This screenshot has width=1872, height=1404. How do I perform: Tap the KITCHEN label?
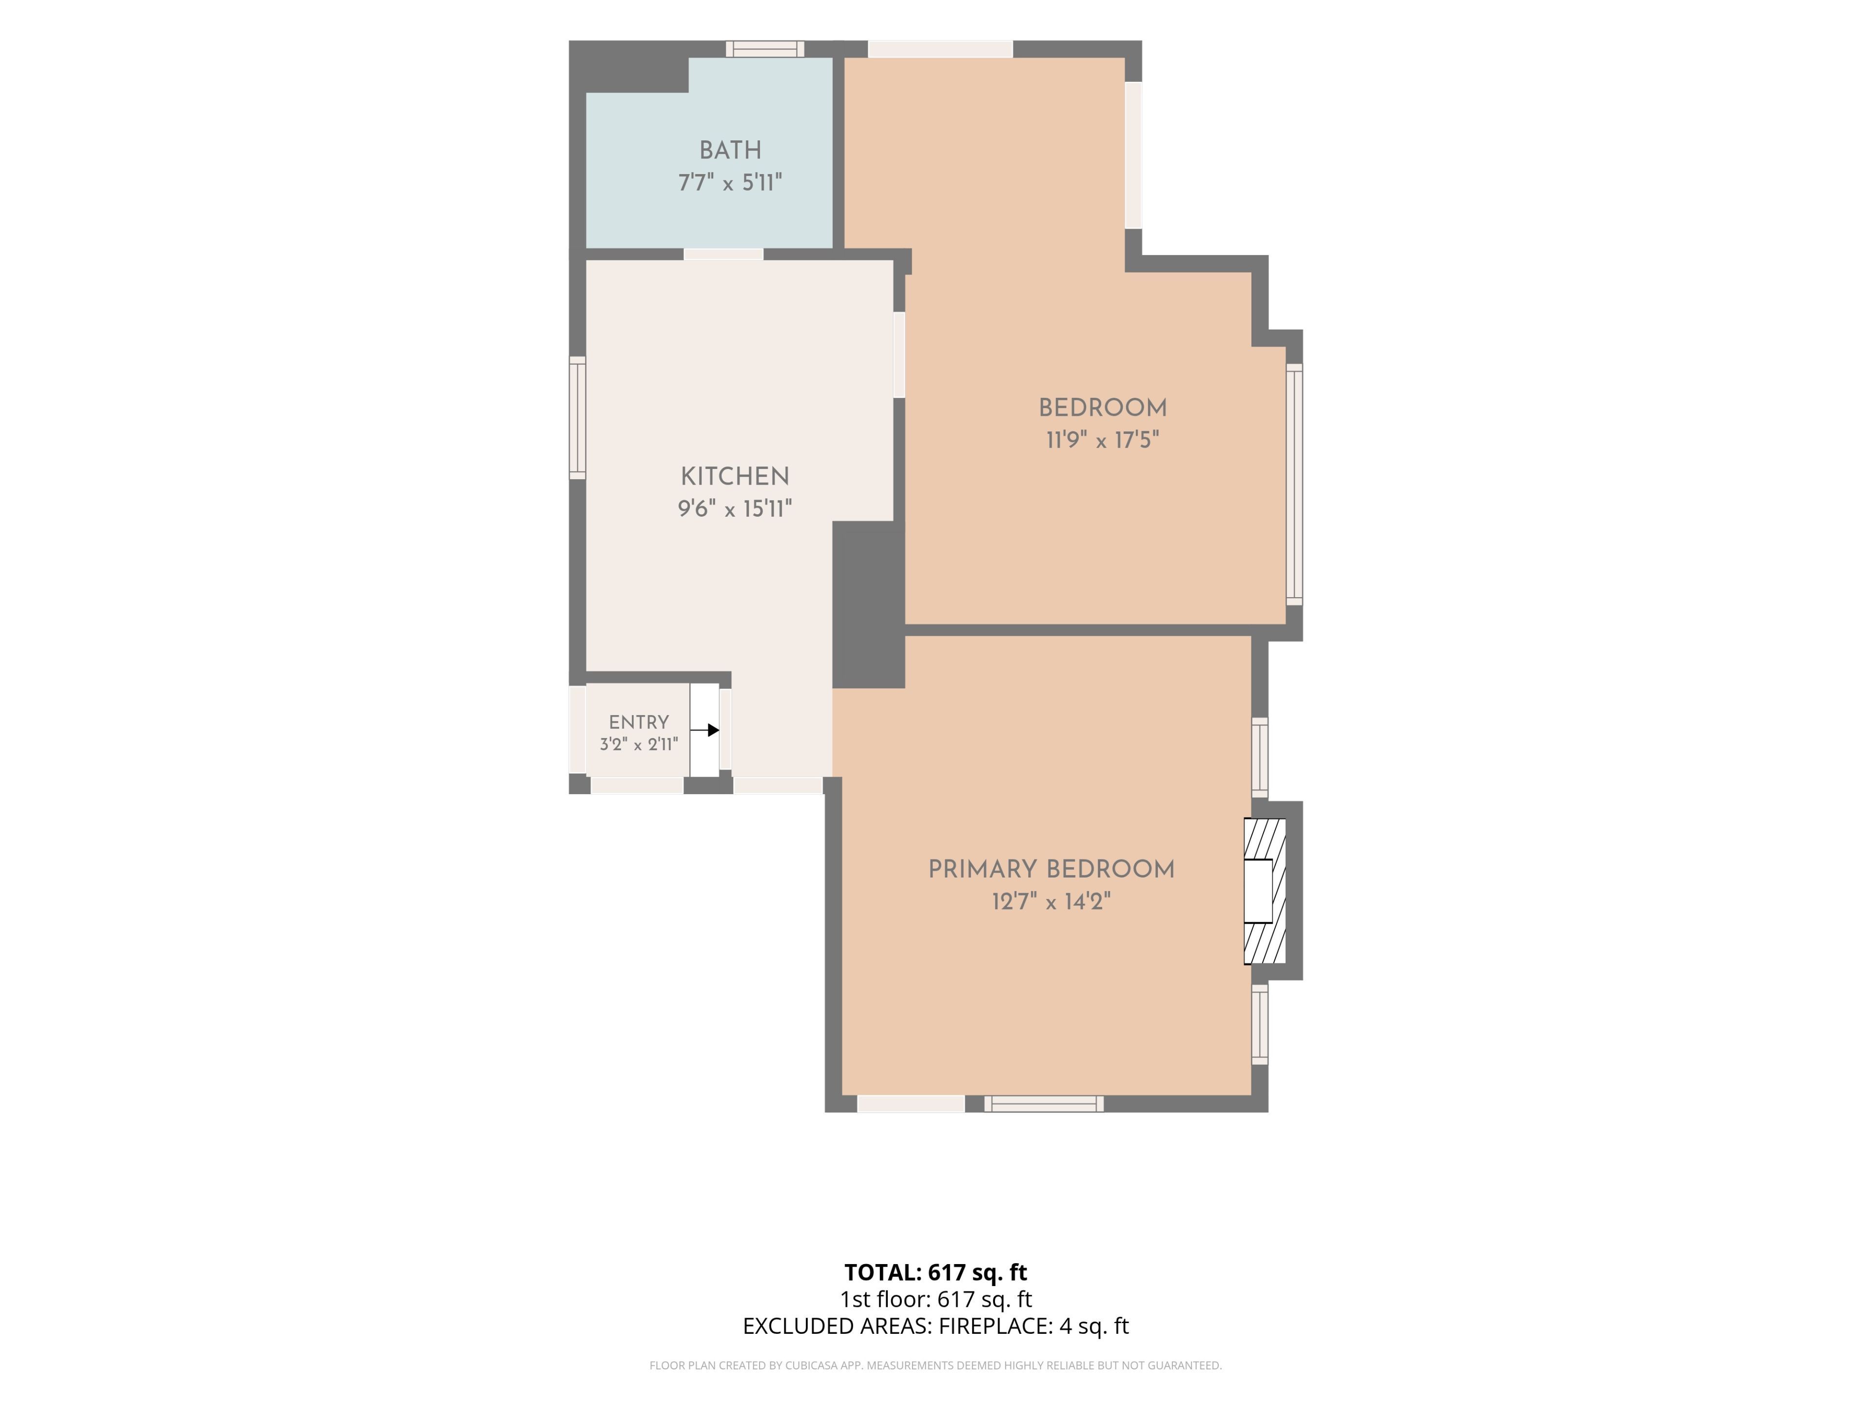click(735, 476)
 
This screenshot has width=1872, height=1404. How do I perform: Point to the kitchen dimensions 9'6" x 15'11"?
click(735, 508)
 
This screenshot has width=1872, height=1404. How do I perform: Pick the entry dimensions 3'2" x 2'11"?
click(639, 745)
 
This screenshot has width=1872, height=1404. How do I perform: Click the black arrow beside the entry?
click(705, 729)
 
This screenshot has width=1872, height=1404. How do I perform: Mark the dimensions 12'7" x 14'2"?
click(1051, 901)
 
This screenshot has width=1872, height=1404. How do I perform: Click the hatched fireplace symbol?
click(1265, 891)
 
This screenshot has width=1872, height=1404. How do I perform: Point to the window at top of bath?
click(765, 49)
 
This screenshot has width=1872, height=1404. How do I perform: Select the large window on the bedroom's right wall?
click(1294, 484)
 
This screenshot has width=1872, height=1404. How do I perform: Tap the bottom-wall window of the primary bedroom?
click(1043, 1104)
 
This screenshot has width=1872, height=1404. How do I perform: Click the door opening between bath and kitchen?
click(723, 254)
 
